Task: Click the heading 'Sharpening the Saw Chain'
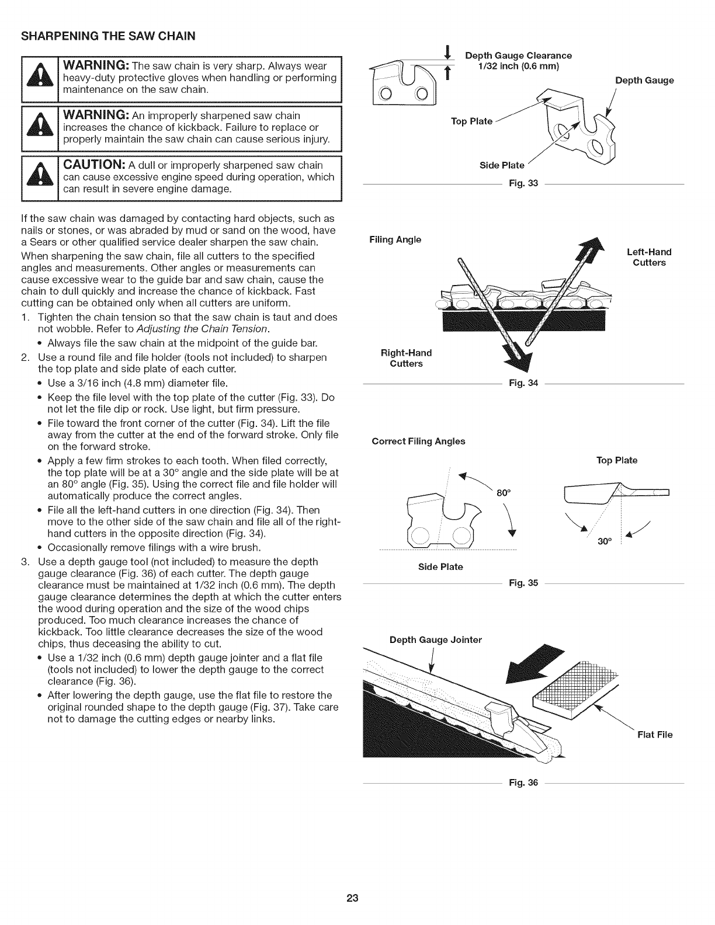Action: click(x=108, y=36)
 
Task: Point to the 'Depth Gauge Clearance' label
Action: click(x=518, y=56)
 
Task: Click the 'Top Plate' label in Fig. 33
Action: click(x=471, y=121)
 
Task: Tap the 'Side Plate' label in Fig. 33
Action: click(x=502, y=165)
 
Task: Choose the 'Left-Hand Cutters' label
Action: click(x=649, y=258)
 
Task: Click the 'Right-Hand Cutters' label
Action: click(x=406, y=358)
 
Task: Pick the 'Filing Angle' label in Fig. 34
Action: click(x=395, y=239)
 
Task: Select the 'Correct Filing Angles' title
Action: click(x=418, y=441)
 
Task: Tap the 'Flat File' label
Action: click(x=655, y=734)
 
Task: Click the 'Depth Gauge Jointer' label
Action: click(x=435, y=639)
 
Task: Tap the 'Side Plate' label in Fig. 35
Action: click(x=440, y=566)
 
